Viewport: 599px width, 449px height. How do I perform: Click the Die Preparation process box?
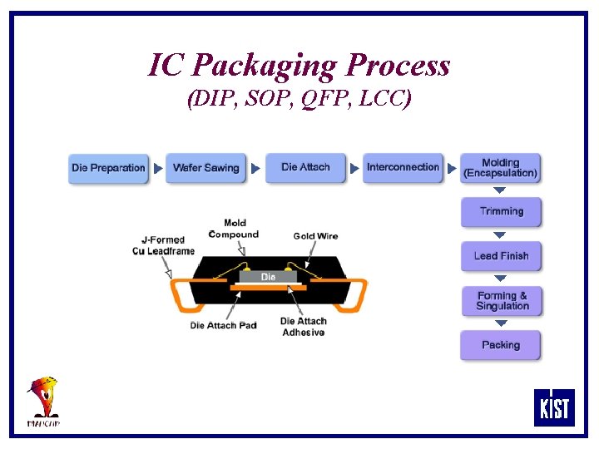[x=108, y=168]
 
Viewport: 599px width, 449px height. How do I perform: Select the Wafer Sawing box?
[x=205, y=168]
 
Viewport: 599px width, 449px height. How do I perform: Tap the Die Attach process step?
[x=305, y=167]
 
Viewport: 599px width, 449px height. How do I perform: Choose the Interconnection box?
[x=403, y=167]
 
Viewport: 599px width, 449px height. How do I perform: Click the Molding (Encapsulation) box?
[x=501, y=168]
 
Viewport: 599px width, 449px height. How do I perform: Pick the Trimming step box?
[x=501, y=211]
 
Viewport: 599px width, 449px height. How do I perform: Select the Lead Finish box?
[x=501, y=256]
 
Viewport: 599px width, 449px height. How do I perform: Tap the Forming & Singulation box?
[x=502, y=301]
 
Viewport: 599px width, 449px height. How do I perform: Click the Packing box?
[x=501, y=345]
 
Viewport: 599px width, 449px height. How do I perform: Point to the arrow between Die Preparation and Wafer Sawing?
[x=158, y=169]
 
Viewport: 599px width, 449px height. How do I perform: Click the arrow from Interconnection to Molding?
[x=452, y=169]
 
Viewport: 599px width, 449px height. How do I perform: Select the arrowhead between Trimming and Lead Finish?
[x=500, y=235]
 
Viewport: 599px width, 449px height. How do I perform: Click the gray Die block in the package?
[x=268, y=276]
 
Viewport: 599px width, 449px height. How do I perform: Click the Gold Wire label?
[x=315, y=236]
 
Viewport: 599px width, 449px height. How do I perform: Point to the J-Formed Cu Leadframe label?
[x=163, y=245]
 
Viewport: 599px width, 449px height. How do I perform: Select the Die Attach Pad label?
[x=223, y=325]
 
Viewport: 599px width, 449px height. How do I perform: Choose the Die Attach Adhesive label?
[x=303, y=327]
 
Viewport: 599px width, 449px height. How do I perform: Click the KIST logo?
[x=554, y=407]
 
